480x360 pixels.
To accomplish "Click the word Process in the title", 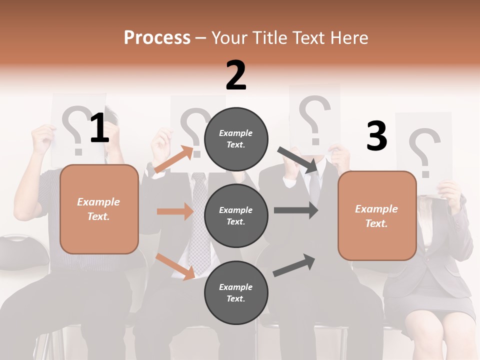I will point(157,38).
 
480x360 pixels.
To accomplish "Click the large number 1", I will point(99,128).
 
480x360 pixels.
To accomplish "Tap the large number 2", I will point(236,75).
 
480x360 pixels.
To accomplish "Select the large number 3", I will point(376,136).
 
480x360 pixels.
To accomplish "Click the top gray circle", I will point(236,139).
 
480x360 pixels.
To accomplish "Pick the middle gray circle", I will point(236,215).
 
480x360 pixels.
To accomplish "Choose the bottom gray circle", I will point(236,292).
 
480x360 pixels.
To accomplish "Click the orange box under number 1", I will point(99,209).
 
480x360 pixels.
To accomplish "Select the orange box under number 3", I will point(377,216).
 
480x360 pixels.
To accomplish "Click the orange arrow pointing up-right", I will point(174,159).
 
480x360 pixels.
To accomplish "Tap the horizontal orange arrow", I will point(174,211).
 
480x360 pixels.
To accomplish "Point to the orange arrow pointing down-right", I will point(175,266).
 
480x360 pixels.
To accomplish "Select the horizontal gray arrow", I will point(295,210).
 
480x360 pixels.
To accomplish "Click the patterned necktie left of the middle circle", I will point(198,225).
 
